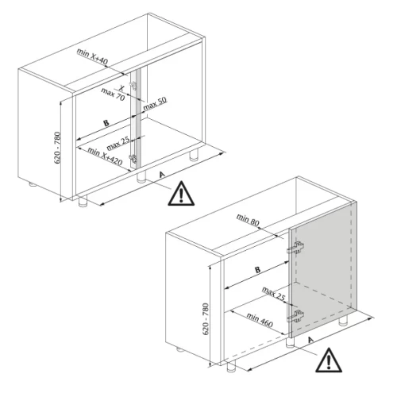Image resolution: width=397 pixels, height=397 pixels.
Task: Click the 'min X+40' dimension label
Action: pyautogui.click(x=92, y=56)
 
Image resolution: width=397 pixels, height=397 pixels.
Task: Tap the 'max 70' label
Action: pyautogui.click(x=113, y=94)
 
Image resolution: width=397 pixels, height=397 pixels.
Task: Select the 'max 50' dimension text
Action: pyautogui.click(x=155, y=103)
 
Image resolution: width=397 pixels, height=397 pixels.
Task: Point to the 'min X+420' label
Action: pyautogui.click(x=105, y=156)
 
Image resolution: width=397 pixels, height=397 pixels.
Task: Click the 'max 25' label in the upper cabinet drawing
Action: pyautogui.click(x=118, y=144)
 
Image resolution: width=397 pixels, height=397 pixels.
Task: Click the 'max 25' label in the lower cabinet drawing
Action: pyautogui.click(x=273, y=294)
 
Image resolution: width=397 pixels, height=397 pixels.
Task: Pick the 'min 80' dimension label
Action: pyautogui.click(x=248, y=220)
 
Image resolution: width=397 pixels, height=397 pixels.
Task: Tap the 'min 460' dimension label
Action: pyautogui.click(x=260, y=320)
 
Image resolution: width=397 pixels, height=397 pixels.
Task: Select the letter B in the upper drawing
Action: pyautogui.click(x=106, y=123)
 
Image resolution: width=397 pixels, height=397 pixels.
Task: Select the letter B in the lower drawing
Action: pyautogui.click(x=257, y=270)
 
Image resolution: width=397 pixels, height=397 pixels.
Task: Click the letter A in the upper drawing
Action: pyautogui.click(x=162, y=175)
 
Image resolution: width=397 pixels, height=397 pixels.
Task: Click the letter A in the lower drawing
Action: pyautogui.click(x=310, y=339)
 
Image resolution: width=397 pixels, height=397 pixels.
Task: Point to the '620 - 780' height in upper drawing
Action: pyautogui.click(x=57, y=148)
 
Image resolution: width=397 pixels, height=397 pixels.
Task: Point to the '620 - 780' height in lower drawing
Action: pyautogui.click(x=206, y=319)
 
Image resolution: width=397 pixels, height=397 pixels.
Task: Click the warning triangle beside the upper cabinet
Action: pyautogui.click(x=181, y=194)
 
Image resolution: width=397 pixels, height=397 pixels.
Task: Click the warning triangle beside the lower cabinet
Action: pyautogui.click(x=329, y=360)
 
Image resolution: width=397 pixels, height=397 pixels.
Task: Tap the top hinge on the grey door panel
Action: pyautogui.click(x=295, y=248)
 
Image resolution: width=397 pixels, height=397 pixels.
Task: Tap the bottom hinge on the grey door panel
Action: pyautogui.click(x=295, y=316)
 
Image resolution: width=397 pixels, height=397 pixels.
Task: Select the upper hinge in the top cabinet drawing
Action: pyautogui.click(x=133, y=85)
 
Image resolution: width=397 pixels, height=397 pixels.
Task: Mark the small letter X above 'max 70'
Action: pyautogui.click(x=121, y=87)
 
